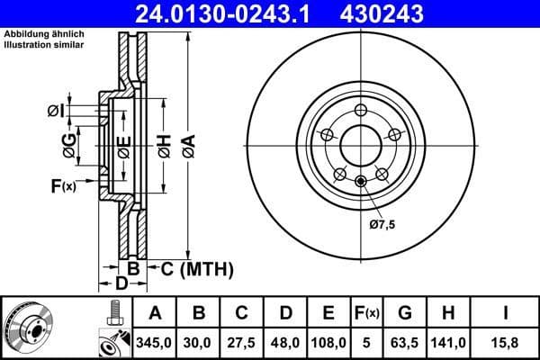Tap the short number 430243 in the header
(404, 13)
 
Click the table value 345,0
(156, 341)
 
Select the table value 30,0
(199, 341)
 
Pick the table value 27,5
(242, 341)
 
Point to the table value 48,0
(285, 341)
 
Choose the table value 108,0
(328, 341)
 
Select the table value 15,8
(504, 341)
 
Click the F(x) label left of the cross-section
(64, 186)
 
